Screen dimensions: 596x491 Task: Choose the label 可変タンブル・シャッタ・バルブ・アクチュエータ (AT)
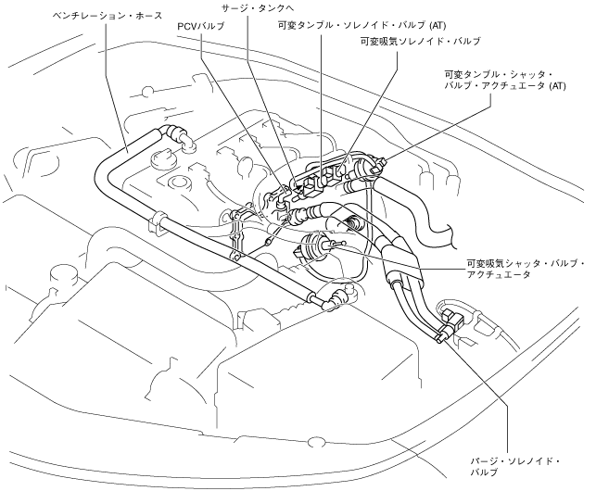pos(504,81)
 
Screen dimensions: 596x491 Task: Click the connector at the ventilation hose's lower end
pos(334,296)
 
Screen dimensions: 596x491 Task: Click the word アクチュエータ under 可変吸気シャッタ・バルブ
pos(501,275)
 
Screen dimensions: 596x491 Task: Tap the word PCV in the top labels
pos(189,27)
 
